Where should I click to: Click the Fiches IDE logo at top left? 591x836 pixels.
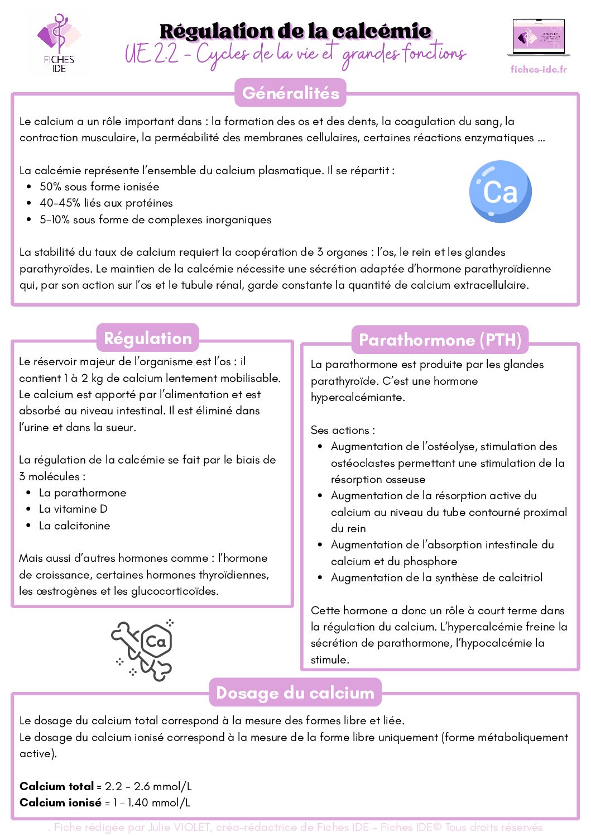(59, 44)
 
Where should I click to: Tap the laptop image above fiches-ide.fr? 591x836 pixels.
(539, 38)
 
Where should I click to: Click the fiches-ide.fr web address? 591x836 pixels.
(539, 69)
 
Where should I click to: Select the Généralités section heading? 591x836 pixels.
(291, 93)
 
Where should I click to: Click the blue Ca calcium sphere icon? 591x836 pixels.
(500, 192)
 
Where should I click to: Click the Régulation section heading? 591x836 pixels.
(147, 338)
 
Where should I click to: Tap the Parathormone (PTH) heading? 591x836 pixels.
(440, 340)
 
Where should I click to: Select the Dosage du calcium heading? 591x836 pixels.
(295, 692)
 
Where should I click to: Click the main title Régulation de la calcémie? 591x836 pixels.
(295, 31)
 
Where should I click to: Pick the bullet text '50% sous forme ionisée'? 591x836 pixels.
(99, 187)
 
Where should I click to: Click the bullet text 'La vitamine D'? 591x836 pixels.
(73, 509)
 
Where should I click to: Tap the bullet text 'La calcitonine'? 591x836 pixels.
(74, 526)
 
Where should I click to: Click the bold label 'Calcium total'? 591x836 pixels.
(56, 786)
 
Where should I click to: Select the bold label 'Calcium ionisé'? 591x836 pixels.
(60, 802)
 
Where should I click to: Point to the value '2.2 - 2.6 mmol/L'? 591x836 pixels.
(148, 786)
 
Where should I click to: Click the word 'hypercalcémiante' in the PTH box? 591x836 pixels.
(357, 397)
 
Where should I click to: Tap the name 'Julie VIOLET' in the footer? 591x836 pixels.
(179, 827)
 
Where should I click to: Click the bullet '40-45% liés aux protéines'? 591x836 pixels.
(106, 203)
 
